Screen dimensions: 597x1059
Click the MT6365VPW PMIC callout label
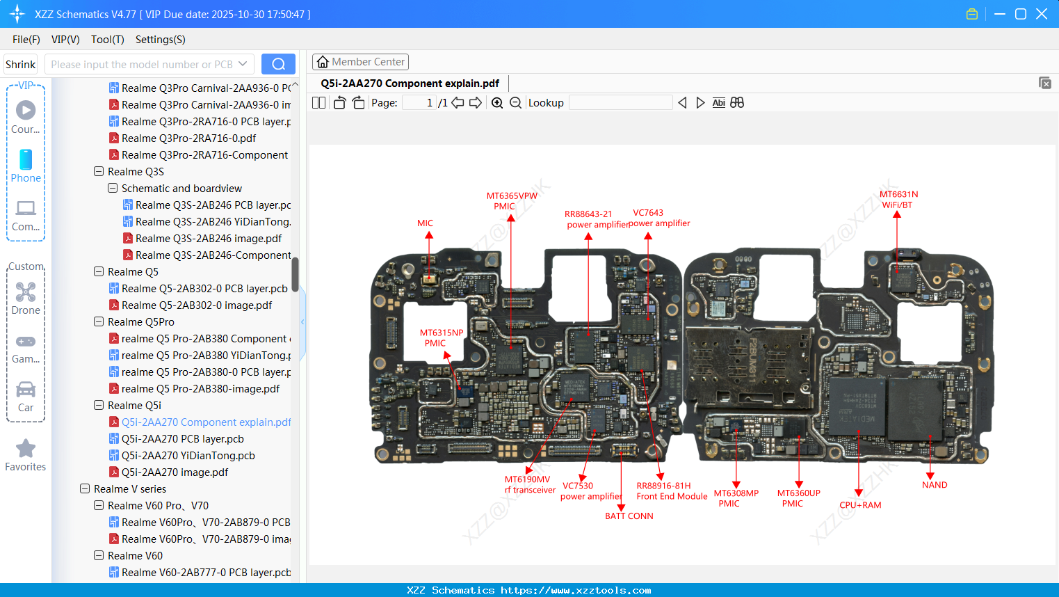(x=511, y=201)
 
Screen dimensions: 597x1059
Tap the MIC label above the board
(x=425, y=223)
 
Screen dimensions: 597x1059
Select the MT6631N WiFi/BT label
(x=898, y=200)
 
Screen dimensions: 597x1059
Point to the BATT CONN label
(x=629, y=516)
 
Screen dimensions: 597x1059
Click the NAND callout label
(x=934, y=485)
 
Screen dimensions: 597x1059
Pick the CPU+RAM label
(x=859, y=505)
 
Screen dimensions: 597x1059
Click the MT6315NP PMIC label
(x=441, y=337)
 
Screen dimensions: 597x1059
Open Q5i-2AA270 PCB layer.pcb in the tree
(x=182, y=439)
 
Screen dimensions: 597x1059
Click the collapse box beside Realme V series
(x=85, y=489)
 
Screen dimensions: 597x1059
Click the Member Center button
(x=360, y=62)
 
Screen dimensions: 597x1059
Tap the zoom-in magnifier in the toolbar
(x=497, y=103)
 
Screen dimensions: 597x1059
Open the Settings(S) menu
(x=160, y=40)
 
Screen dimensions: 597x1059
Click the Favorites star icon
(x=26, y=449)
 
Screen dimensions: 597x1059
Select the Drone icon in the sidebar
(x=26, y=292)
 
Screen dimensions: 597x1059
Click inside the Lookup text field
(x=620, y=103)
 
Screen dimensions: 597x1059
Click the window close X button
(x=1041, y=14)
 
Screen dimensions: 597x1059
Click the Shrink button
(x=21, y=65)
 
